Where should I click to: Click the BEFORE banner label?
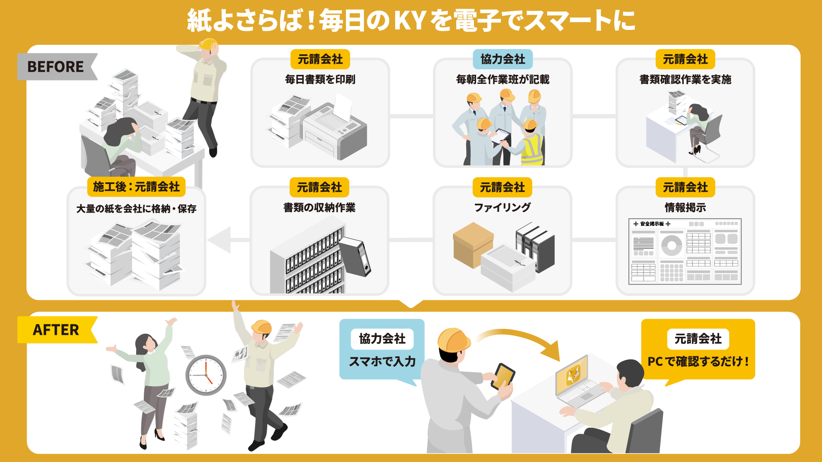click(x=56, y=67)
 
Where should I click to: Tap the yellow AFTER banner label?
click(x=56, y=330)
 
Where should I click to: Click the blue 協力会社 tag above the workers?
click(x=503, y=59)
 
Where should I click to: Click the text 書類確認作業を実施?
click(x=685, y=80)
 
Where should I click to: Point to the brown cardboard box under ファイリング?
click(x=473, y=244)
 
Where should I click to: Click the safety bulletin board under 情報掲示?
click(x=685, y=252)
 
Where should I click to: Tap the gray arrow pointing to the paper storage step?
click(x=220, y=240)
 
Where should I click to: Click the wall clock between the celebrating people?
click(x=206, y=375)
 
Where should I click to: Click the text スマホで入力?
click(x=382, y=361)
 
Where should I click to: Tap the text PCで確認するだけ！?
click(x=698, y=361)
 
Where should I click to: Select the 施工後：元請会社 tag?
click(x=136, y=187)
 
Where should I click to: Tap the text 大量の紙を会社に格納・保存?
click(x=136, y=209)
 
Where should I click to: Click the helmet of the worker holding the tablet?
click(x=453, y=341)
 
